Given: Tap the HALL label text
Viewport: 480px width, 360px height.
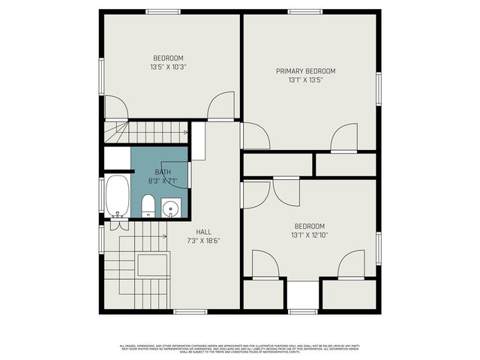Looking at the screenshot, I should click(x=203, y=232).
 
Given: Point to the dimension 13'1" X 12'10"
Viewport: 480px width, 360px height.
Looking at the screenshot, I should click(x=310, y=235).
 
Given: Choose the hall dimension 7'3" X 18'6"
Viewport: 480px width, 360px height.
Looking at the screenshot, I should click(x=203, y=241).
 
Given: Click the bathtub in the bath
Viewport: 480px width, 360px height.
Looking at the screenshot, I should click(x=117, y=195).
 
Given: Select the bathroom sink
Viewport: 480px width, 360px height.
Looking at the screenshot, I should click(x=171, y=208).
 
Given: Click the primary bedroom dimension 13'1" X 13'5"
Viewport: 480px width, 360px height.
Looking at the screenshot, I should click(x=305, y=80).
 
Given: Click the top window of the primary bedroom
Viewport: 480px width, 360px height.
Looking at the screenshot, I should click(x=304, y=11).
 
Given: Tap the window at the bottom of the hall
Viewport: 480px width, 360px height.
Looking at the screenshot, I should click(x=190, y=311).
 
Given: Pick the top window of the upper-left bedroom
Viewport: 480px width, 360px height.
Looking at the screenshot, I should click(x=163, y=11).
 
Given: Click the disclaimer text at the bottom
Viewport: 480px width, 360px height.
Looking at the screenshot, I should click(x=239, y=348).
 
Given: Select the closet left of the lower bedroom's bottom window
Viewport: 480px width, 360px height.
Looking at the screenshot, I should click(x=264, y=294).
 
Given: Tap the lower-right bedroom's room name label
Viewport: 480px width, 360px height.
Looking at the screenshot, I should click(x=309, y=226).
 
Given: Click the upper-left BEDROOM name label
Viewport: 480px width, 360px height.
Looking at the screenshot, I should click(x=168, y=58).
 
